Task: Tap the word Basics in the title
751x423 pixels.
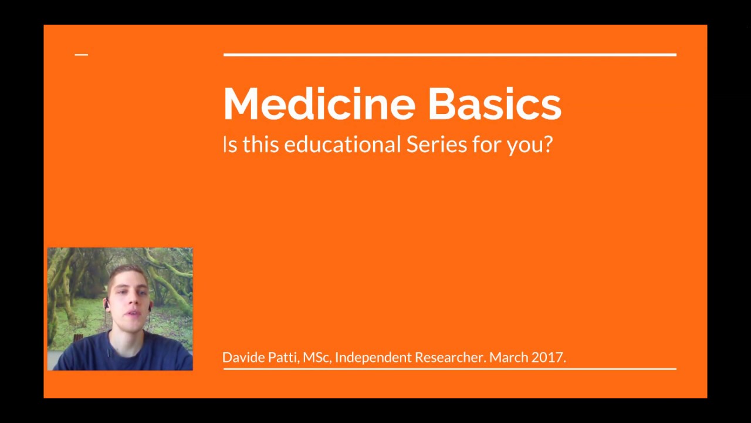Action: pos(494,104)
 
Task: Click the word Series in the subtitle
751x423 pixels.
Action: pos(437,144)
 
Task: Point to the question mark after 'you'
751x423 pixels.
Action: pos(548,144)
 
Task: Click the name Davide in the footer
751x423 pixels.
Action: pos(243,357)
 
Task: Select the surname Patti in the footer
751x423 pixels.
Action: pos(283,357)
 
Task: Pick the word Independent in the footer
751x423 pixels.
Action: pos(373,357)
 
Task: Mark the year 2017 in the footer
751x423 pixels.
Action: pos(548,357)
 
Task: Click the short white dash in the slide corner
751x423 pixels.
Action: pos(82,55)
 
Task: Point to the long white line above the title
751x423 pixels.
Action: pos(449,55)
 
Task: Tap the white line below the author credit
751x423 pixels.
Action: pos(449,369)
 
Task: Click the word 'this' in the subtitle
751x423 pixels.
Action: pos(261,144)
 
